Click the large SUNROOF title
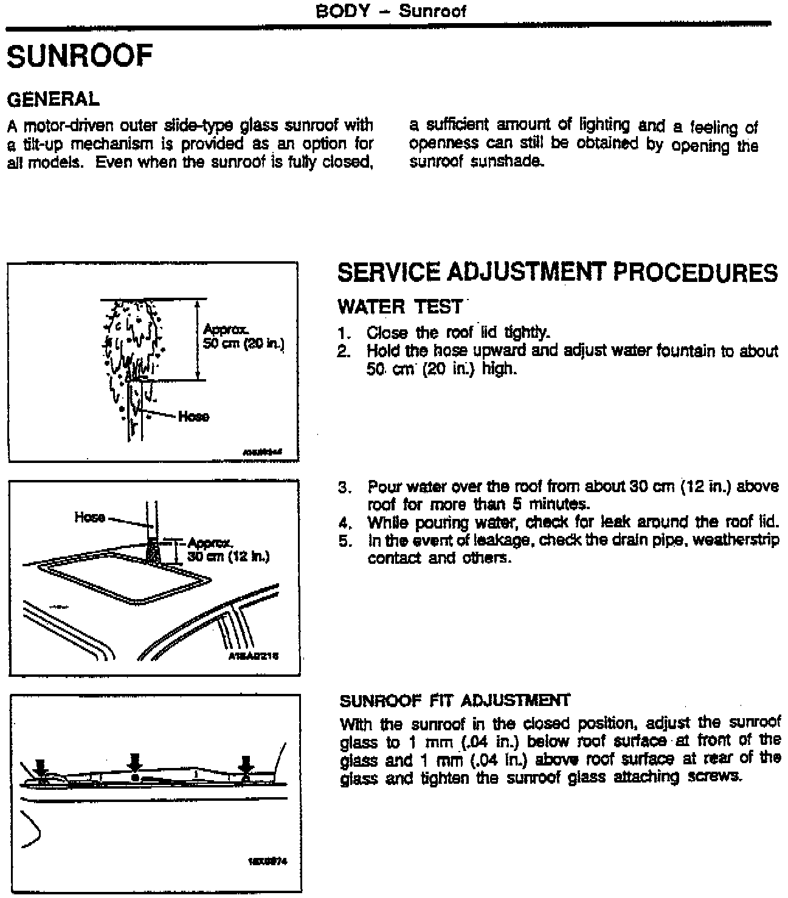(79, 57)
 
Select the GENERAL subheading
(53, 98)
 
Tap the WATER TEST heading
(400, 307)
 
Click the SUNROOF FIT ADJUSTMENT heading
(455, 701)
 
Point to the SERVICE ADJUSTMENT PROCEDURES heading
(557, 273)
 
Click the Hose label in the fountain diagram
(194, 416)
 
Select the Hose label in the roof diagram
(89, 517)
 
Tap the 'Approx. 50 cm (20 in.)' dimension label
(243, 337)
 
